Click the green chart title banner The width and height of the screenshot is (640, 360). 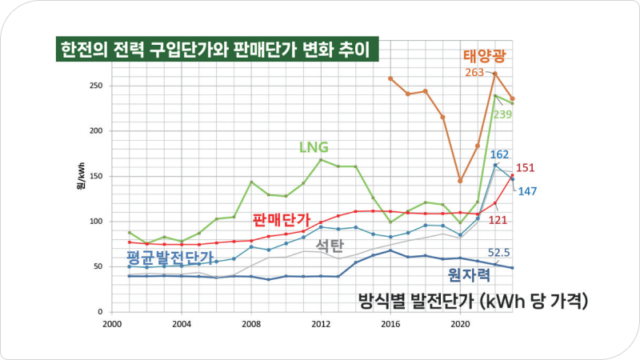click(215, 50)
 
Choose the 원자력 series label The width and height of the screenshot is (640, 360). click(468, 274)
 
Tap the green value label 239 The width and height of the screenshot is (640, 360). click(502, 114)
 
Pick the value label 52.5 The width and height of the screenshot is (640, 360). click(501, 253)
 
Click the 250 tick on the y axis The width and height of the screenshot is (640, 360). click(98, 86)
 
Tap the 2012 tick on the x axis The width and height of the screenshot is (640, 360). click(321, 324)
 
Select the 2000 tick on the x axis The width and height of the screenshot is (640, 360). click(112, 324)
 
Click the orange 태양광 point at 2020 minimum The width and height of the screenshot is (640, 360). click(460, 181)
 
